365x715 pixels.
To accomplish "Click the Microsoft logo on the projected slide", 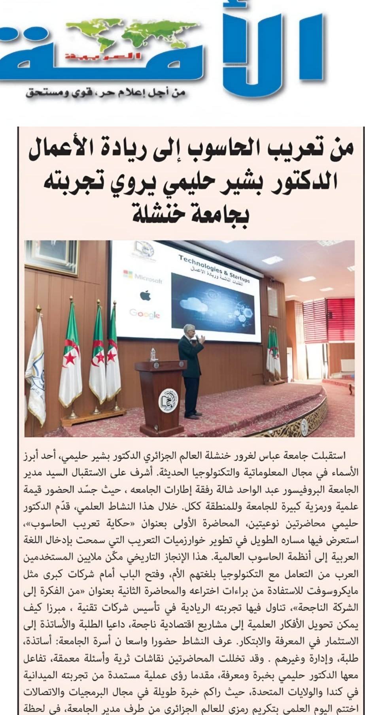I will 143,276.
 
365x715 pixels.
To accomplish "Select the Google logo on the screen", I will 145,314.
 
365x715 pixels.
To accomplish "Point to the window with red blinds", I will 340,320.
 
